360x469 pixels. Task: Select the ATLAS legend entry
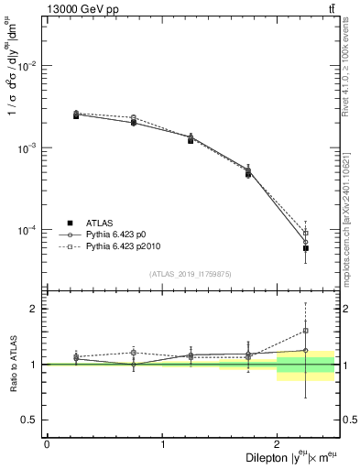pos(100,222)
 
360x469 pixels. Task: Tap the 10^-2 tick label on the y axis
pos(28,67)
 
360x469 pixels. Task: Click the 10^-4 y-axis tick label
pos(28,230)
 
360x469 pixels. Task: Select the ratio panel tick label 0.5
pos(31,420)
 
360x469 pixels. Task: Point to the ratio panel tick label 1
pos(35,365)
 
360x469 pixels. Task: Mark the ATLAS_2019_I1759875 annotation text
pos(191,274)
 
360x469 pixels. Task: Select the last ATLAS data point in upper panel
pos(306,248)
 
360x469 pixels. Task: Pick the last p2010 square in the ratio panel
pos(306,331)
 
